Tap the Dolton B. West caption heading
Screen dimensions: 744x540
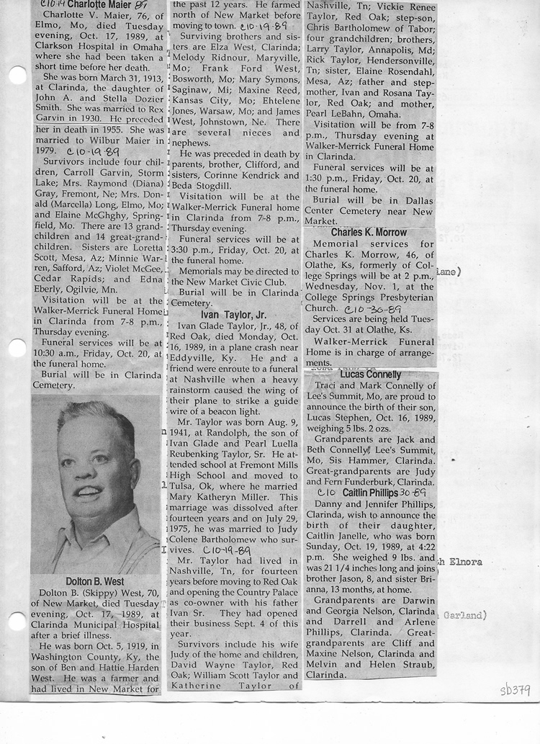pos(94,581)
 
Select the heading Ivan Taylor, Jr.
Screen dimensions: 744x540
pos(234,315)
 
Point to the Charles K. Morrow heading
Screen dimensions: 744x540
pos(369,233)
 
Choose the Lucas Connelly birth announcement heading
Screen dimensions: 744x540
pos(371,375)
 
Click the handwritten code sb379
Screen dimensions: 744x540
pos(515,691)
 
